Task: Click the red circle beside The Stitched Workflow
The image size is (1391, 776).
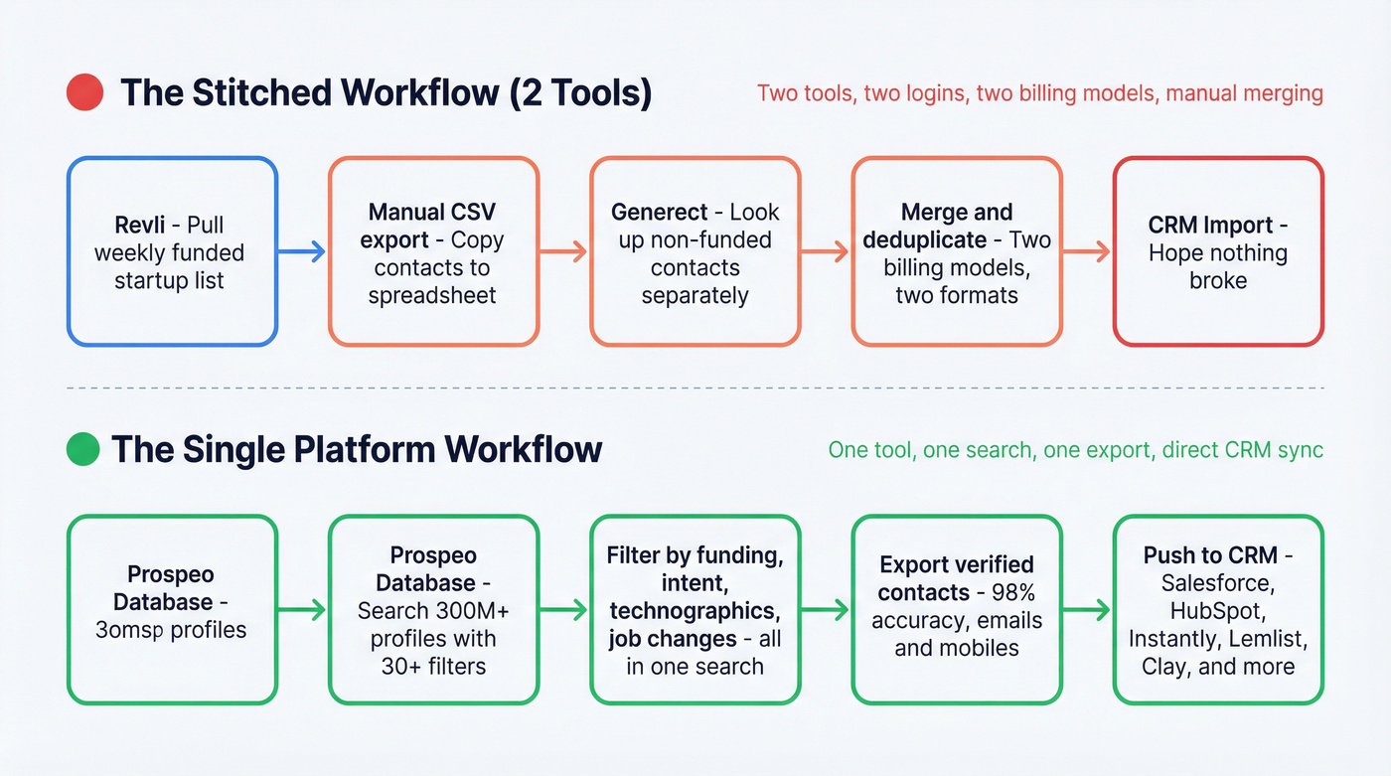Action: (85, 93)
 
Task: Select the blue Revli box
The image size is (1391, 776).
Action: (171, 251)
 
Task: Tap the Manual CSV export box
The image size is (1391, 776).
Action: (433, 251)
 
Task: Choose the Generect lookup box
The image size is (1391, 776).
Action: (695, 251)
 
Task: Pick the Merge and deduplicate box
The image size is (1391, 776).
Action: (957, 251)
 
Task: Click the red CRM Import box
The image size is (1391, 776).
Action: (1217, 251)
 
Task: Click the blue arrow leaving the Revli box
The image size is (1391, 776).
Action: (302, 252)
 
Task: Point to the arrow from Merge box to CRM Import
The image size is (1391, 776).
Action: (1087, 252)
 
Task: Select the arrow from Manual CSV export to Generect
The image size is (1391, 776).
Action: (563, 252)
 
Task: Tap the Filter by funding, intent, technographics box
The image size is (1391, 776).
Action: (695, 610)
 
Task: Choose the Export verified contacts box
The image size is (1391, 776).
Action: (957, 610)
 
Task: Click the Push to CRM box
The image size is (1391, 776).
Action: (1217, 610)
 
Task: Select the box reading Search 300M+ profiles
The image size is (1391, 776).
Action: (433, 610)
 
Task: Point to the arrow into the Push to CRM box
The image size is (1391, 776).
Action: (1087, 610)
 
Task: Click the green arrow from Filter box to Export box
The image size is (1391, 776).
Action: (825, 610)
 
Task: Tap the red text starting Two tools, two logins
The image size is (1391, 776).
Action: (1039, 93)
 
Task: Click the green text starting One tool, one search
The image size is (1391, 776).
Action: (1075, 449)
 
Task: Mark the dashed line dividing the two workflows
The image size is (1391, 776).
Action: (695, 388)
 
